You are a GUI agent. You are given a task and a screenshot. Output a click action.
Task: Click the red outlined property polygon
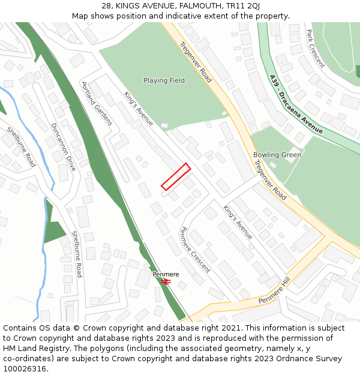pos(176,176)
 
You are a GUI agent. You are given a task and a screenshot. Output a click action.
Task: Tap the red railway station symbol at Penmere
pos(166,281)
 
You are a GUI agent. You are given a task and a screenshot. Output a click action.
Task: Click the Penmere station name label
pos(166,274)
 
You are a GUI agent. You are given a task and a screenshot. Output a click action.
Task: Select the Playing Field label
pos(164,80)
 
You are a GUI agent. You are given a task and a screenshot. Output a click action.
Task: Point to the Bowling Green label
pos(277,155)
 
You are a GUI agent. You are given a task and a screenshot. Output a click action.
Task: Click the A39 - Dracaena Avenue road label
pos(296,104)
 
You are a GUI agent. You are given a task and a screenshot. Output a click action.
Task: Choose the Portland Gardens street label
pos(97,103)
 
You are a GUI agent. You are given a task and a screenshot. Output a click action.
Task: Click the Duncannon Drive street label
pos(63,147)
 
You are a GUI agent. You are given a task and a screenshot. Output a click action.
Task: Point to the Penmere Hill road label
pos(274,292)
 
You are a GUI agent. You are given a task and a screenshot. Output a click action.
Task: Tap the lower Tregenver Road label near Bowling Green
pos(270,179)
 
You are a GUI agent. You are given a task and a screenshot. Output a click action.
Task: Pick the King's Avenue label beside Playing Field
pos(139,109)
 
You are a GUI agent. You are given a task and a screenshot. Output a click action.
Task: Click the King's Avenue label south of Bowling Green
pos(238,222)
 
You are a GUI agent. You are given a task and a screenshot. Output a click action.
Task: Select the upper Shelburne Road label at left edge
pos(21,147)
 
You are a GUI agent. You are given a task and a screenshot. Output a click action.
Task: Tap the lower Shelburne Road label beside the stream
pos(77,254)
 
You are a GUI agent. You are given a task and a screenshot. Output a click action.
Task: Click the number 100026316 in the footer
pos(24,369)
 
